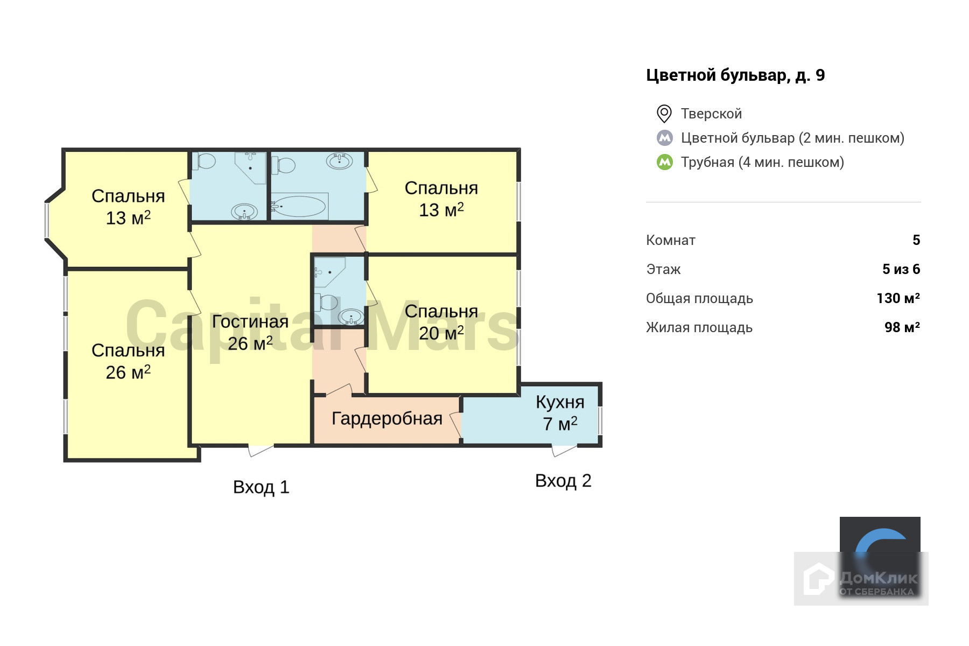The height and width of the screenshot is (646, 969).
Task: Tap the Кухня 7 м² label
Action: click(560, 413)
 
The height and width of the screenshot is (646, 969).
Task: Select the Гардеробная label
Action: click(387, 418)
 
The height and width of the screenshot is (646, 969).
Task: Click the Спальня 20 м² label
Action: click(441, 322)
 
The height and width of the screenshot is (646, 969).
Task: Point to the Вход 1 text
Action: click(261, 487)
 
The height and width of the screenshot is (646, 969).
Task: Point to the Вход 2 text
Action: click(563, 480)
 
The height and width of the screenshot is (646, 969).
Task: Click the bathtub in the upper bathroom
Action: click(299, 206)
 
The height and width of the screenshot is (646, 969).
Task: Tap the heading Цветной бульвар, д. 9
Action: click(735, 75)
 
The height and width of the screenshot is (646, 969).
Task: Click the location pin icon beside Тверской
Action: click(664, 114)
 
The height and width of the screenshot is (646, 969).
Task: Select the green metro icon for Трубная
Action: click(665, 162)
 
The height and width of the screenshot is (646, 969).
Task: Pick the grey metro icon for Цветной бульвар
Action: click(665, 138)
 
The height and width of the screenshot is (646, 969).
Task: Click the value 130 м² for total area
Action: click(898, 298)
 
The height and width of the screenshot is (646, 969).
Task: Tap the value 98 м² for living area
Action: click(902, 327)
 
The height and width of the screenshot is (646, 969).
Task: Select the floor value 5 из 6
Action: click(901, 269)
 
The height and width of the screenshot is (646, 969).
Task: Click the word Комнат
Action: click(671, 240)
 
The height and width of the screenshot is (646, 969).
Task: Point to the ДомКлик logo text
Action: click(877, 579)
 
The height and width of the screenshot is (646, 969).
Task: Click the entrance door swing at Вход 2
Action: click(564, 450)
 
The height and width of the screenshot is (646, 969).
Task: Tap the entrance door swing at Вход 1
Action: click(261, 450)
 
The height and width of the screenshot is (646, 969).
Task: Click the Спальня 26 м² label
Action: click(128, 361)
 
